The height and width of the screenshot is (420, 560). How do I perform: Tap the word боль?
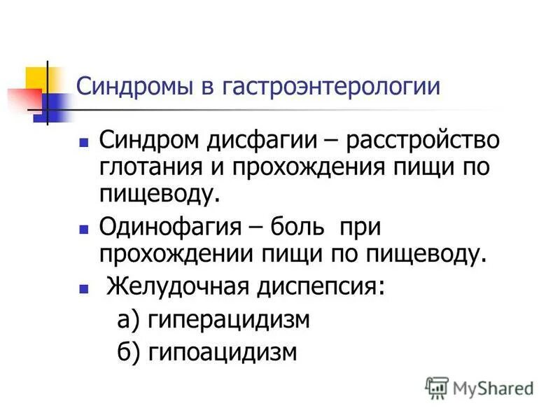click(295, 227)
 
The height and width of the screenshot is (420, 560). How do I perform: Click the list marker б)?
click(128, 352)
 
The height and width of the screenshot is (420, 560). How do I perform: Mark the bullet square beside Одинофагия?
click(83, 229)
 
